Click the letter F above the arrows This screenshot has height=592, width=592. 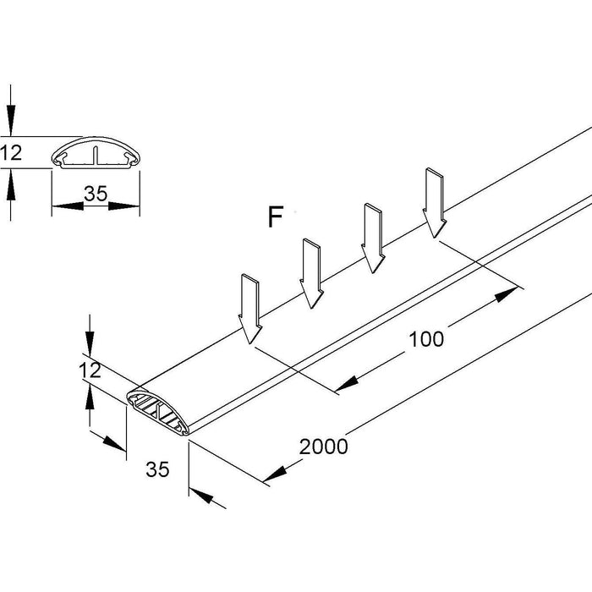pyautogui.click(x=274, y=218)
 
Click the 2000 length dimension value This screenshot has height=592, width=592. pyautogui.click(x=322, y=446)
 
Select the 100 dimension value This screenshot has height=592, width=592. pyautogui.click(x=425, y=339)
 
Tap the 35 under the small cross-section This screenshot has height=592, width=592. pyautogui.click(x=96, y=193)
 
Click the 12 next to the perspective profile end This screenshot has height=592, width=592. pyautogui.click(x=90, y=370)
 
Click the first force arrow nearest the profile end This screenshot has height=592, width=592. pyautogui.click(x=250, y=309)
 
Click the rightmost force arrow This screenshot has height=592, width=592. pyautogui.click(x=435, y=203)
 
